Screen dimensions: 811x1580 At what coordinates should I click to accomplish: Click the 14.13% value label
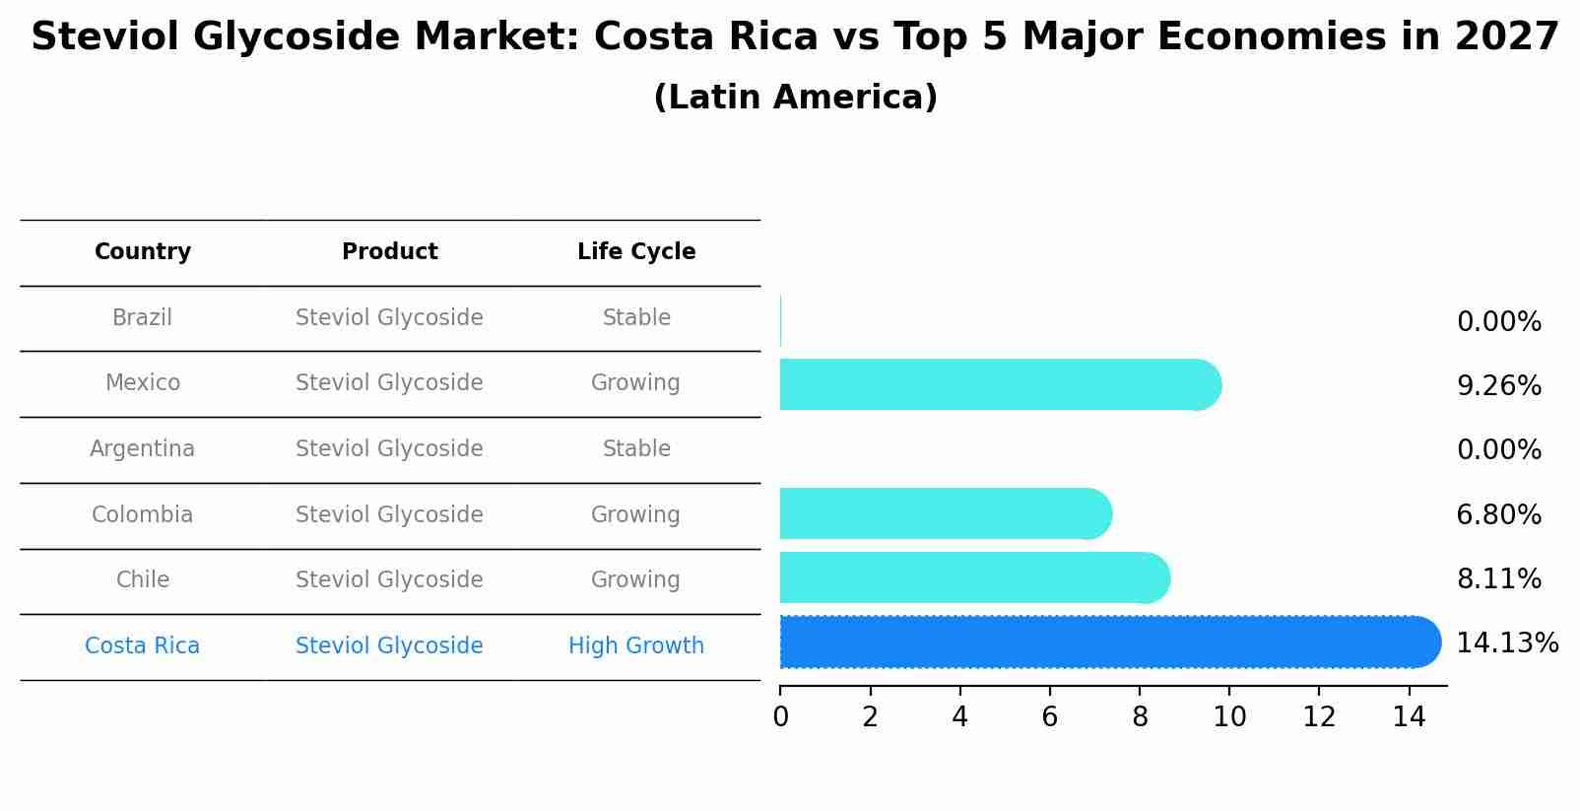[1506, 643]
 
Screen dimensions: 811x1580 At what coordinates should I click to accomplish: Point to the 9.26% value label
[1498, 385]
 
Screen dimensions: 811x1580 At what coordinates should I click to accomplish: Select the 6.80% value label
[1498, 514]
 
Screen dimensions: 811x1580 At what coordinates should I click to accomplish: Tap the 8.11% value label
[1498, 578]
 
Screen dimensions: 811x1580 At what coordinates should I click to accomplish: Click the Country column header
[143, 252]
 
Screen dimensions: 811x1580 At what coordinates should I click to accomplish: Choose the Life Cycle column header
[636, 252]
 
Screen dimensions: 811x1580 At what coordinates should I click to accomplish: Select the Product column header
[389, 252]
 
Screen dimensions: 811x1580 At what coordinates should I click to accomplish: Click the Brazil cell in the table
[142, 317]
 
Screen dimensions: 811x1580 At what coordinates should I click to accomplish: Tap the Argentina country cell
[142, 448]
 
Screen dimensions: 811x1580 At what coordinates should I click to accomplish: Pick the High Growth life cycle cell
[636, 645]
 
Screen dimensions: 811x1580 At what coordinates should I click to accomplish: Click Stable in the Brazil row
[636, 317]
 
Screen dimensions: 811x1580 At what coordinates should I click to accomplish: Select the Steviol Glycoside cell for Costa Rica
[389, 645]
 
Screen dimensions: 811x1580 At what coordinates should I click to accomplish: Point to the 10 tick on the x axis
[1229, 717]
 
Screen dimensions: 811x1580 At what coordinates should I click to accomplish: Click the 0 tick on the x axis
[780, 717]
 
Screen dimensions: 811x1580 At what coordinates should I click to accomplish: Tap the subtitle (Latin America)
[795, 97]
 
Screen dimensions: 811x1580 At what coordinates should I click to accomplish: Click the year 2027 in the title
[1506, 37]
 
